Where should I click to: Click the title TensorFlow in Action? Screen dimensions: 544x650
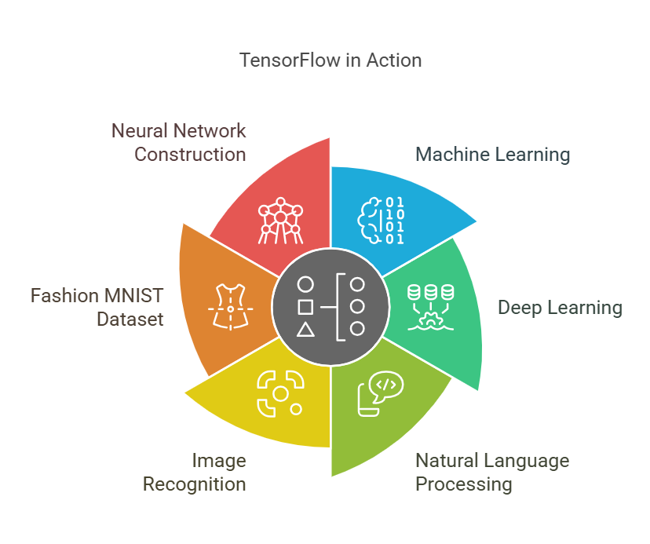[x=330, y=60]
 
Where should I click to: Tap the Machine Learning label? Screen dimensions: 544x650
[x=492, y=154]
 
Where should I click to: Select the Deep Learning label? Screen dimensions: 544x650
[x=560, y=307]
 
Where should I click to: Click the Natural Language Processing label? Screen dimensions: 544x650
[x=492, y=472]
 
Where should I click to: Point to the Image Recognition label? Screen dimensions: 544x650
[x=194, y=472]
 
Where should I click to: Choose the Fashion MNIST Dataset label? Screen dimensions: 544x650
[x=97, y=308]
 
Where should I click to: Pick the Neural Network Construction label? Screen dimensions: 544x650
[x=178, y=142]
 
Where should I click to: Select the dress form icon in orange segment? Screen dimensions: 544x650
[x=229, y=308]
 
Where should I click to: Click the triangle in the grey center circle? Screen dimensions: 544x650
[x=305, y=330]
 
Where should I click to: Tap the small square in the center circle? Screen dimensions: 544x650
[x=305, y=307]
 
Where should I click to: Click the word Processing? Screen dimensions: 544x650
[x=463, y=484]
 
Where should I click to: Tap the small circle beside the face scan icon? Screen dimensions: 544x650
[x=296, y=409]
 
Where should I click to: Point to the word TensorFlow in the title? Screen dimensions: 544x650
[x=290, y=60]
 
